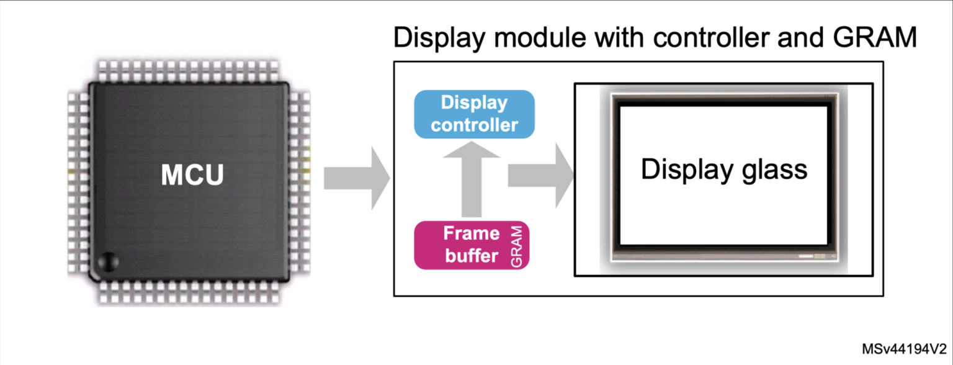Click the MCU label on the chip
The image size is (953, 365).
(192, 176)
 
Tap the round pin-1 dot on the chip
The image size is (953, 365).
(107, 261)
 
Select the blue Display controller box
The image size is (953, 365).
(474, 114)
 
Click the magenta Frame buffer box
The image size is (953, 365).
(472, 245)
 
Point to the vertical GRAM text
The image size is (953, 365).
(518, 246)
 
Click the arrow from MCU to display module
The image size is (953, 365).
(356, 179)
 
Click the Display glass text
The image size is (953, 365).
(724, 169)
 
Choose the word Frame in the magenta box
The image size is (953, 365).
(471, 234)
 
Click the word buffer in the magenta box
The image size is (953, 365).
(472, 255)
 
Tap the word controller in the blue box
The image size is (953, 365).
(474, 125)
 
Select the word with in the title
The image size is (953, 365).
(614, 38)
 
